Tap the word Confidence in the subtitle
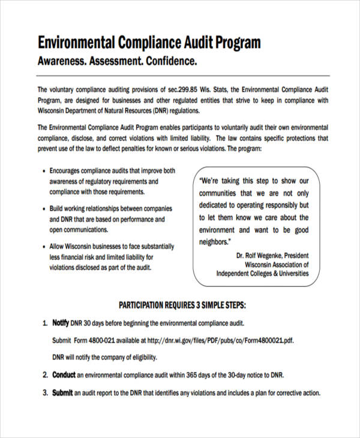pyautogui.click(x=169, y=61)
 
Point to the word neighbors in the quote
pyautogui.click(x=214, y=242)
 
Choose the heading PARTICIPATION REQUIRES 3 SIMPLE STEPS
pyautogui.click(x=183, y=305)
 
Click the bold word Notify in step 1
pyautogui.click(x=61, y=323)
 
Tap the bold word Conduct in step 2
pyautogui.click(x=64, y=375)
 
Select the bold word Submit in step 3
pyautogui.click(x=62, y=393)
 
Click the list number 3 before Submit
pyautogui.click(x=45, y=393)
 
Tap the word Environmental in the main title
pyautogui.click(x=77, y=43)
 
